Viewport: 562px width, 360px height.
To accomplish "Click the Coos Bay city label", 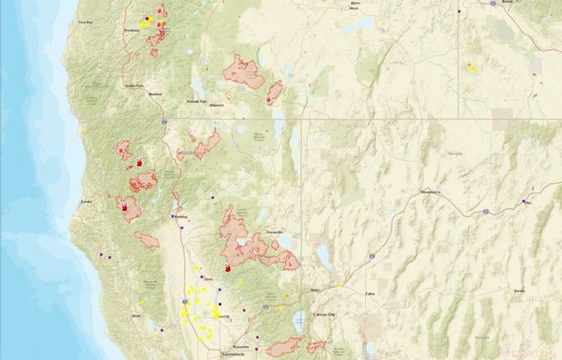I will [x=86, y=22].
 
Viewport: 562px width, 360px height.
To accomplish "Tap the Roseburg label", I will [x=131, y=30].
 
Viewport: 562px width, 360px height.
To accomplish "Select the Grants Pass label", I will [x=134, y=86].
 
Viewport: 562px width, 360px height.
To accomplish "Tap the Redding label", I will [x=181, y=217].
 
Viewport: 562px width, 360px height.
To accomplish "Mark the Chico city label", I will [x=207, y=279].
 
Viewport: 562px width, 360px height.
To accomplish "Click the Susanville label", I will [x=274, y=231].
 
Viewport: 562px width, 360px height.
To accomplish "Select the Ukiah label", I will [x=136, y=316].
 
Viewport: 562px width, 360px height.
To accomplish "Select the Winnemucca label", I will [x=431, y=191].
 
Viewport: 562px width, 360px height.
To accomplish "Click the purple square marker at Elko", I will [x=522, y=202].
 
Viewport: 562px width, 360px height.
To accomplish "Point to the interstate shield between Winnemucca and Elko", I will [x=485, y=210].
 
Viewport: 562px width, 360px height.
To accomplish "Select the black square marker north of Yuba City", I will [x=219, y=304].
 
